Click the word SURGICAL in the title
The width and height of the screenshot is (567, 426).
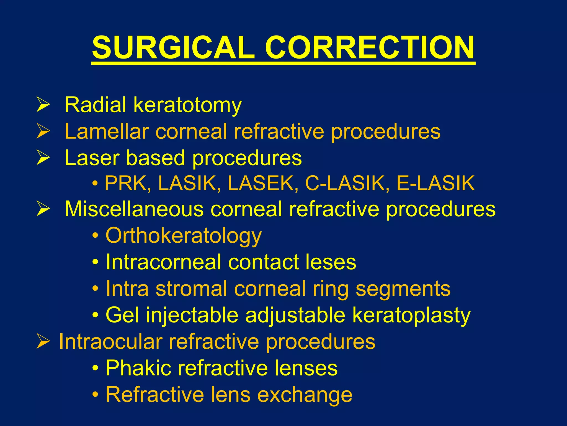coord(173,48)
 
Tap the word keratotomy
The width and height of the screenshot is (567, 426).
coord(188,105)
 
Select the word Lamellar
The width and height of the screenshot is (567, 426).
coord(107,131)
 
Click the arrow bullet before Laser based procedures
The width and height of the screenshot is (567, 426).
coord(43,158)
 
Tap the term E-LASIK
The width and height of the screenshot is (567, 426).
coord(436,183)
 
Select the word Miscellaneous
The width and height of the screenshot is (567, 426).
coord(134,209)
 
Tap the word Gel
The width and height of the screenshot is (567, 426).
coord(122,315)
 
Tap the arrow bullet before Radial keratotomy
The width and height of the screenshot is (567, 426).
coord(43,105)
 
